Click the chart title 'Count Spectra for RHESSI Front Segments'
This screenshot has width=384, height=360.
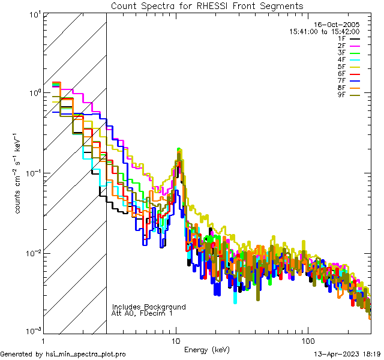tap(207, 5)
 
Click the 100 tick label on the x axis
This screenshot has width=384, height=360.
tap(308, 340)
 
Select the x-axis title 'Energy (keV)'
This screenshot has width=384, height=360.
tap(207, 349)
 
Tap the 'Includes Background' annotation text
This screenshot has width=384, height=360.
tap(149, 307)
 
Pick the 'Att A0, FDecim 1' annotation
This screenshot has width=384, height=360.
tap(142, 313)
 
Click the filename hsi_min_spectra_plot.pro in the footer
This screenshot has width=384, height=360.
tap(86, 355)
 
